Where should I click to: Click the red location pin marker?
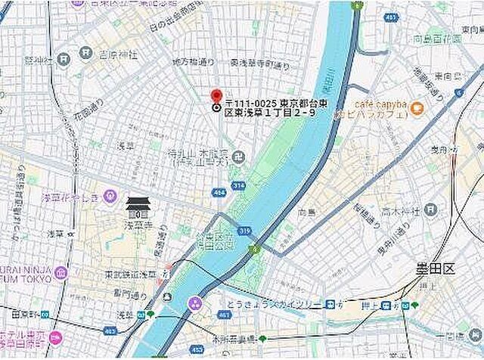coord(216,97)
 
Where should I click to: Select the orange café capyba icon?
coord(416,109)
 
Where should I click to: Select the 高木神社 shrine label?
coord(399,209)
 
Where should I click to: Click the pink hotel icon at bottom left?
coord(55,338)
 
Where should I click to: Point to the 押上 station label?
coord(370,305)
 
